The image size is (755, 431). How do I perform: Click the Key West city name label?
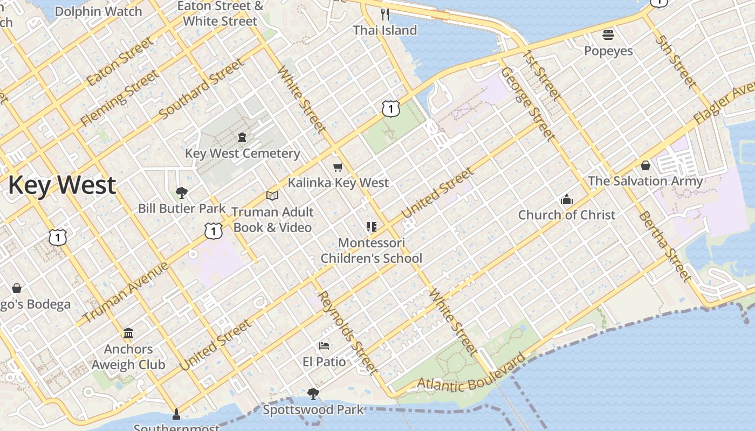61,185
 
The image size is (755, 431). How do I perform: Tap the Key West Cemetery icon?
242,138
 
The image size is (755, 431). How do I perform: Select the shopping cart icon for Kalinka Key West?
338,168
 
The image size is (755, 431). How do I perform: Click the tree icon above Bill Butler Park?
182,193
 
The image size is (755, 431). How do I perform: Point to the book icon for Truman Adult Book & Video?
272,196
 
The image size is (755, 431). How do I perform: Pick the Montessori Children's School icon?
371,227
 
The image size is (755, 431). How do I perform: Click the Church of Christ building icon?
566,200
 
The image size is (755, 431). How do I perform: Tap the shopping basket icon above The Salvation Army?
646,165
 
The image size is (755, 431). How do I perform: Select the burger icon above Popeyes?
608,36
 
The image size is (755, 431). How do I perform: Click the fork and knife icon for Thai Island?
385,14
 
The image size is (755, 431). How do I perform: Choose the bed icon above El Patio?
324,345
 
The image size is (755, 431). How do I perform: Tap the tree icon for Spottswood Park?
313,394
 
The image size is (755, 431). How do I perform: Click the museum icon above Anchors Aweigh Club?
128,333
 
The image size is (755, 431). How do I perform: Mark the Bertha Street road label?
664,246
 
